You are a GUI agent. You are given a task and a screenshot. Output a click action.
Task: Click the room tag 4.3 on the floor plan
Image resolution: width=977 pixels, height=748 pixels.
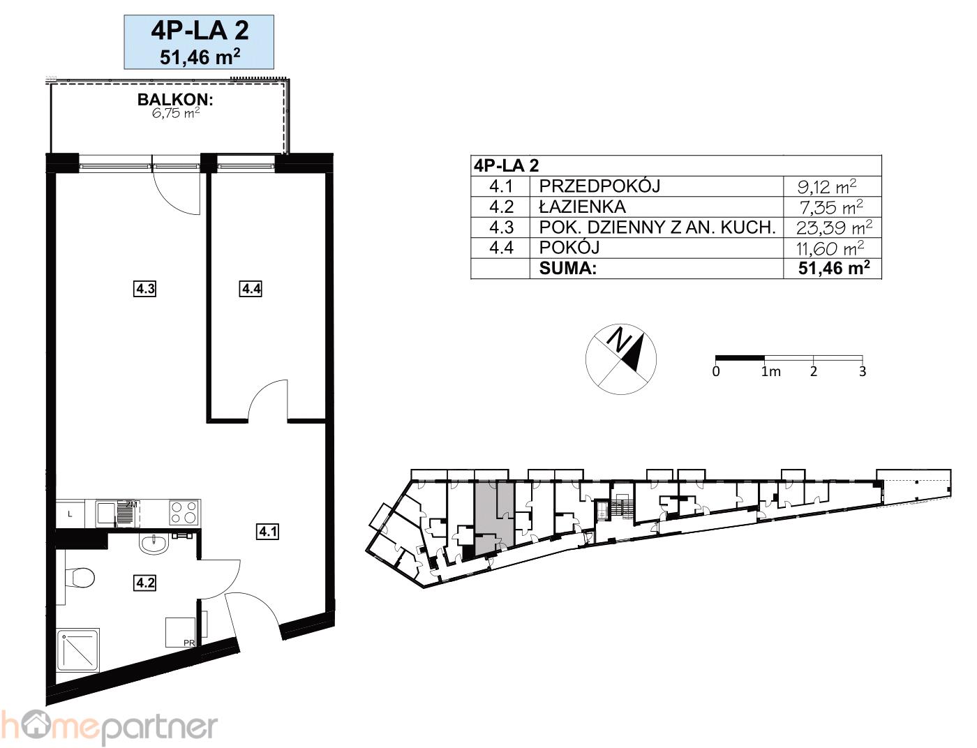point(144,289)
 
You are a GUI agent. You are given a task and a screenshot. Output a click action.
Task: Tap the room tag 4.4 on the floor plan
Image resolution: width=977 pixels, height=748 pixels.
point(251,289)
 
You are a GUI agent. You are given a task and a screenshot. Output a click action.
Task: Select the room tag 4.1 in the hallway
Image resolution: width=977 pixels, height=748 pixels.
point(268,532)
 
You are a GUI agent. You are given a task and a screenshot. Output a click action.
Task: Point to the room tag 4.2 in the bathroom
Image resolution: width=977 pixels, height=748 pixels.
point(144,583)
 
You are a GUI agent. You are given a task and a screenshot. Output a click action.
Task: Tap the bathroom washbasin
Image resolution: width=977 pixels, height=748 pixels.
point(154,545)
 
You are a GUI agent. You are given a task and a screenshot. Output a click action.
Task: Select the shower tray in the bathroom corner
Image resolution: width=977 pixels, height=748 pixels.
point(77,650)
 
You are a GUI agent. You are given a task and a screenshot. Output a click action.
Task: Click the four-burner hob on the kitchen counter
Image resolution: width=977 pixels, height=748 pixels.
point(184,512)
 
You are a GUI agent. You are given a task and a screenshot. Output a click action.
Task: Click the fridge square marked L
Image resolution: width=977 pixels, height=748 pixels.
point(70,514)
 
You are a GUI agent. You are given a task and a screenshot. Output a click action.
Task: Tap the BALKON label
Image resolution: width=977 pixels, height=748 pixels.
point(175,100)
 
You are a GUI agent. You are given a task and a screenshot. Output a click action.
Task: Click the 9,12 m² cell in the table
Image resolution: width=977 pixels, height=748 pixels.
point(826,186)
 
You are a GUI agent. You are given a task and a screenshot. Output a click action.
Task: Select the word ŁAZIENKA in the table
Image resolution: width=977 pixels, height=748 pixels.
point(582,207)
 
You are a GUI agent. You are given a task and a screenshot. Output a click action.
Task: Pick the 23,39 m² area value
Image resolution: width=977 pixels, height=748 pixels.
point(833,228)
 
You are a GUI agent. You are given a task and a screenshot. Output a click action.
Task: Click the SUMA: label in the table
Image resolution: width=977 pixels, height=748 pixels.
point(567,269)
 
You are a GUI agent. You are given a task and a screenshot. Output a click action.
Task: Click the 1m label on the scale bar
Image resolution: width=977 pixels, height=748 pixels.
point(770,372)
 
